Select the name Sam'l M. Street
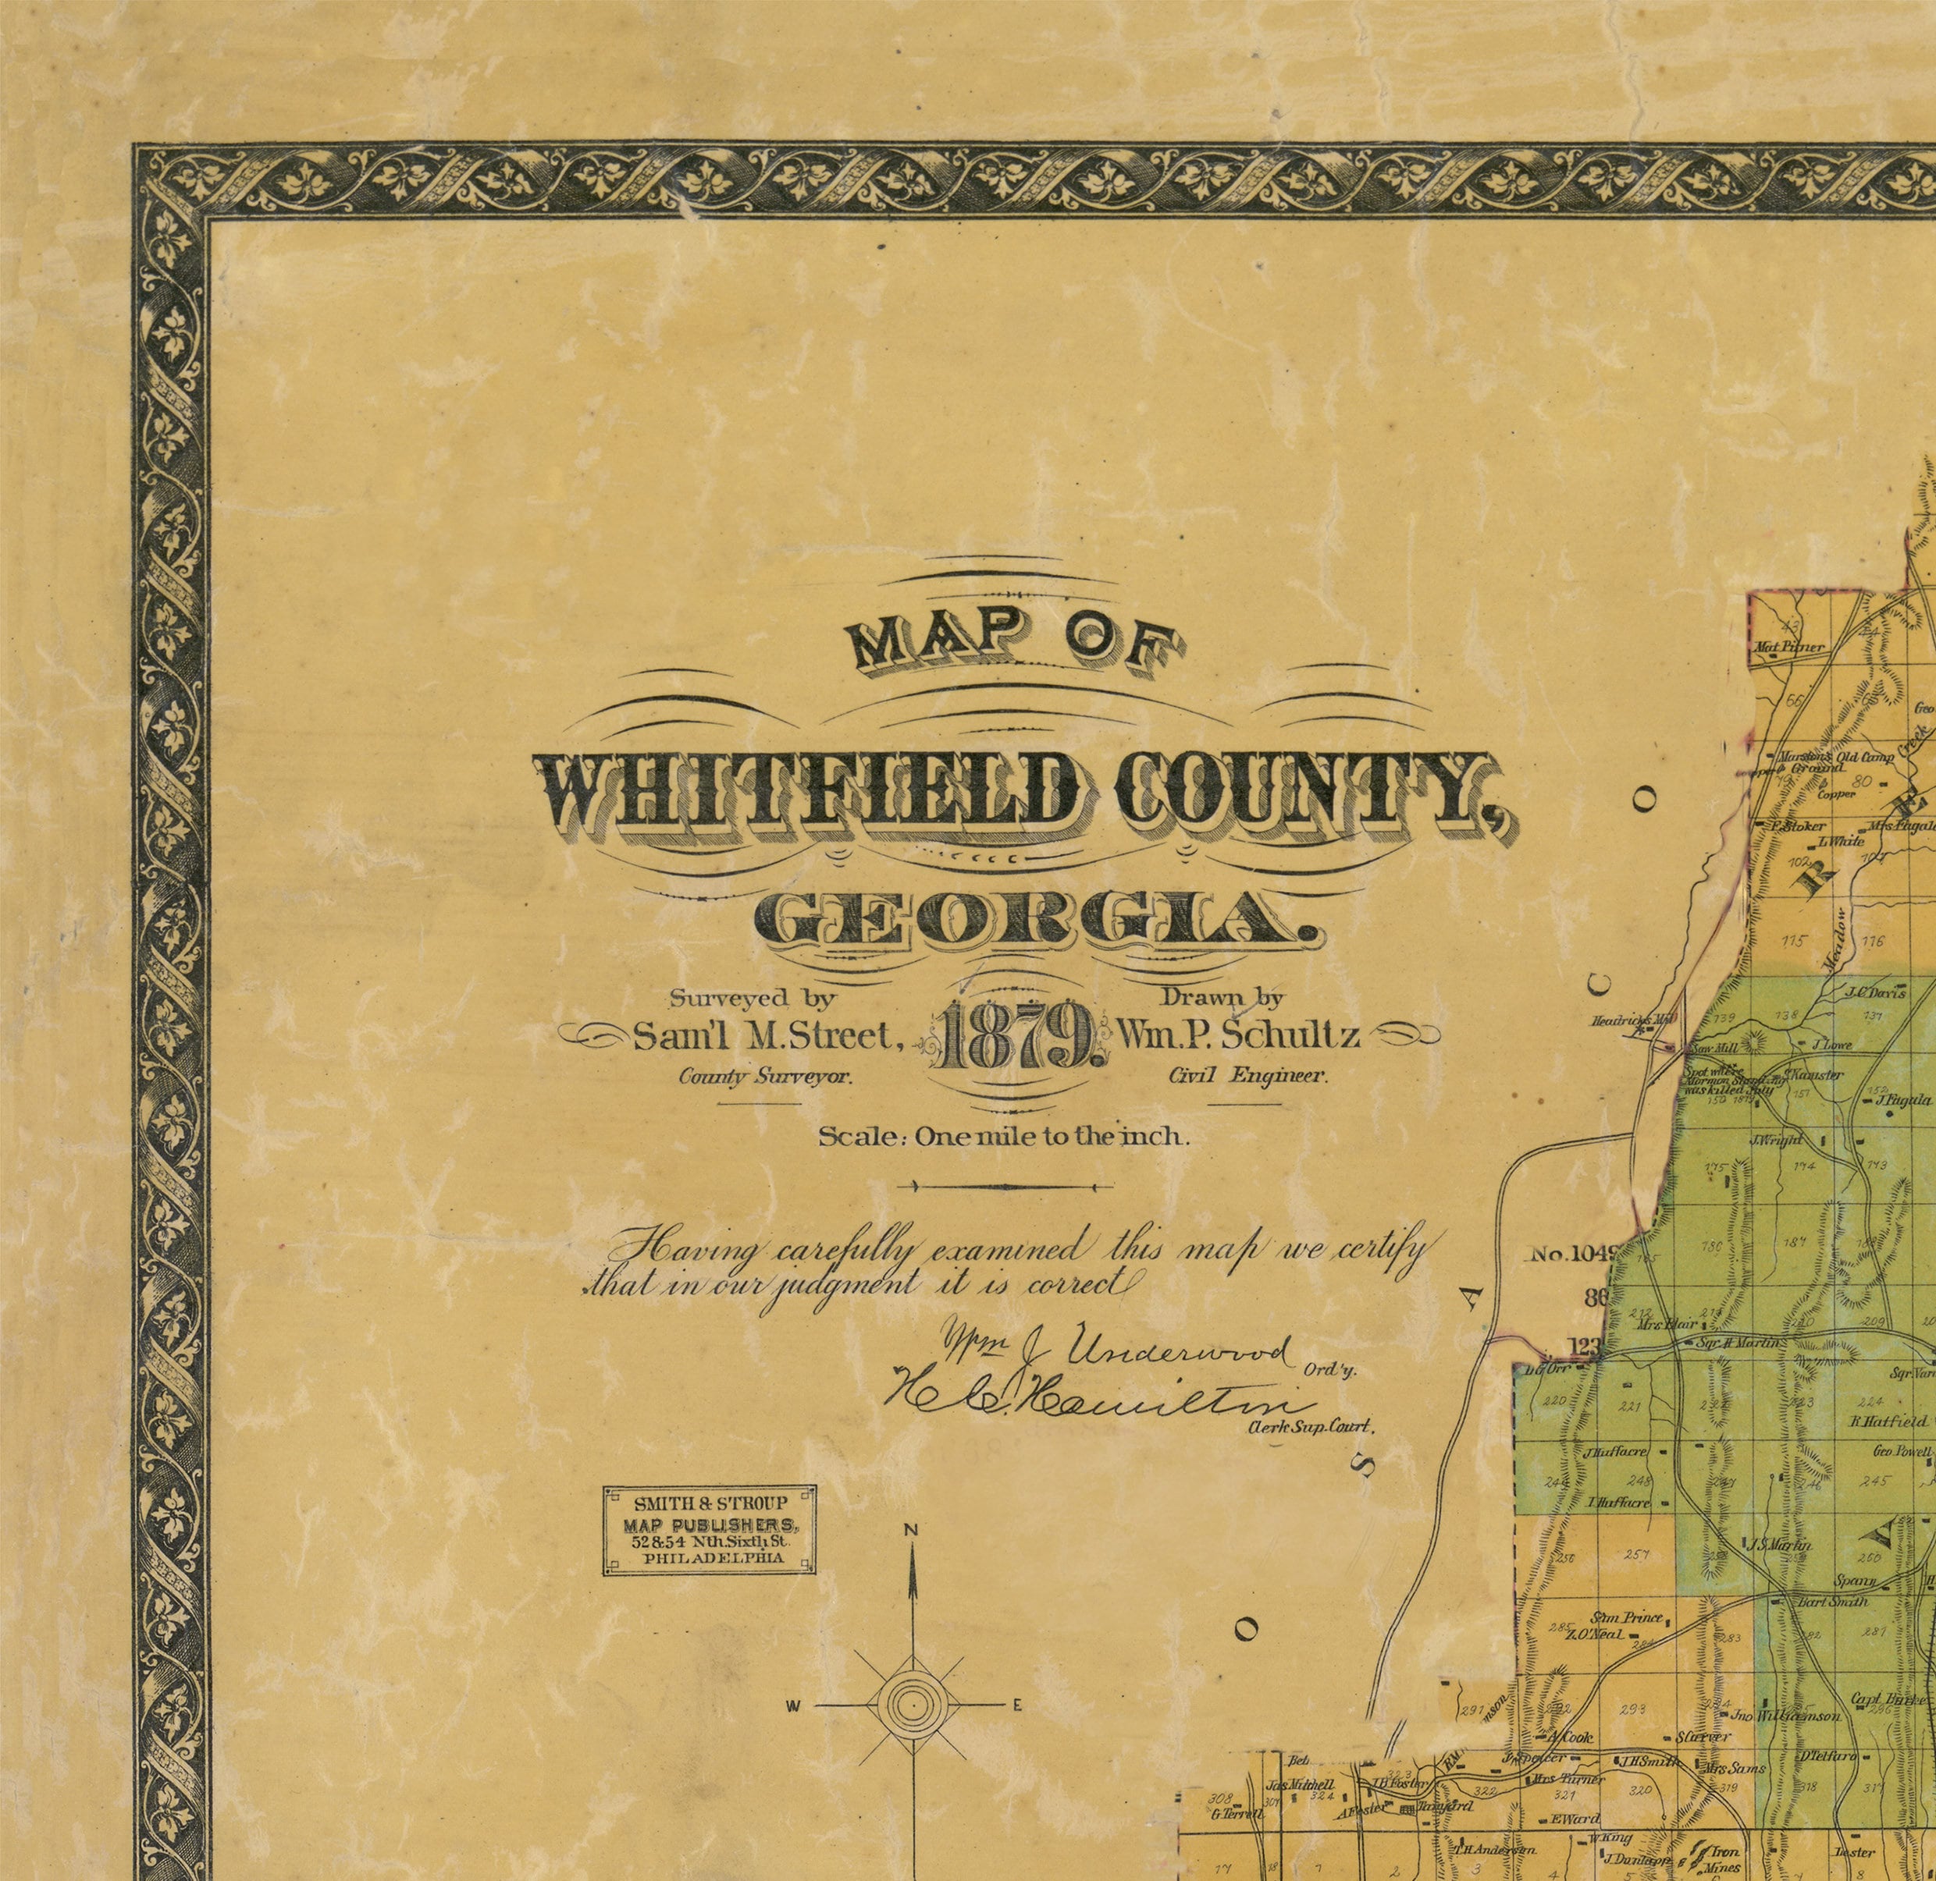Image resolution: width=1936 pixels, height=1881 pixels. point(768,1035)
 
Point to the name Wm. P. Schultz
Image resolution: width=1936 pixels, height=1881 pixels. point(1240,1035)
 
